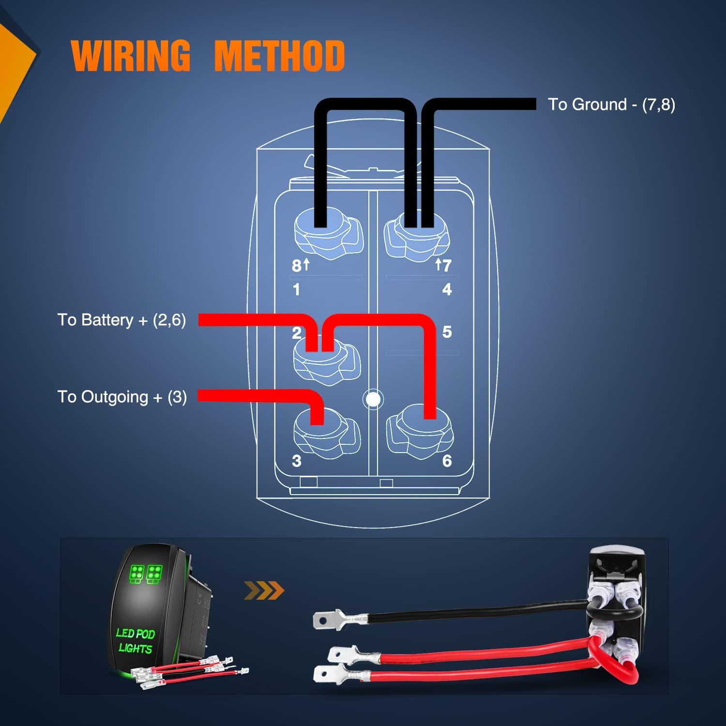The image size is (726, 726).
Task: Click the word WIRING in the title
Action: [131, 55]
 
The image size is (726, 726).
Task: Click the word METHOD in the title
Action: [279, 55]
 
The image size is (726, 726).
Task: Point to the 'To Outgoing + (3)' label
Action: [122, 397]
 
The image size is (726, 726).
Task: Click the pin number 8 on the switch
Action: [296, 266]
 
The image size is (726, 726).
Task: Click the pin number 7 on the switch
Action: [447, 265]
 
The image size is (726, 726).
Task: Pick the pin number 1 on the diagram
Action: [296, 289]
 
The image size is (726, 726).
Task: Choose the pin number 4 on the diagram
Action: [447, 289]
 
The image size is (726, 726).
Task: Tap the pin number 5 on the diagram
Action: [447, 332]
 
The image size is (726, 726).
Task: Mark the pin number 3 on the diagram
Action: [297, 461]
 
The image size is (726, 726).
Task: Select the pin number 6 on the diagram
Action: [447, 461]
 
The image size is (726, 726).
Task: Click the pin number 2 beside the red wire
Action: [297, 333]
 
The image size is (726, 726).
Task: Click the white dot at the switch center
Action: [373, 399]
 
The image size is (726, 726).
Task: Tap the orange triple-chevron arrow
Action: [264, 590]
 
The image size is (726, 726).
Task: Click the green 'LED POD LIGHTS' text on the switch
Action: [135, 641]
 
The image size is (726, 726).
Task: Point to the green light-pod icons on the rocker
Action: [146, 574]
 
